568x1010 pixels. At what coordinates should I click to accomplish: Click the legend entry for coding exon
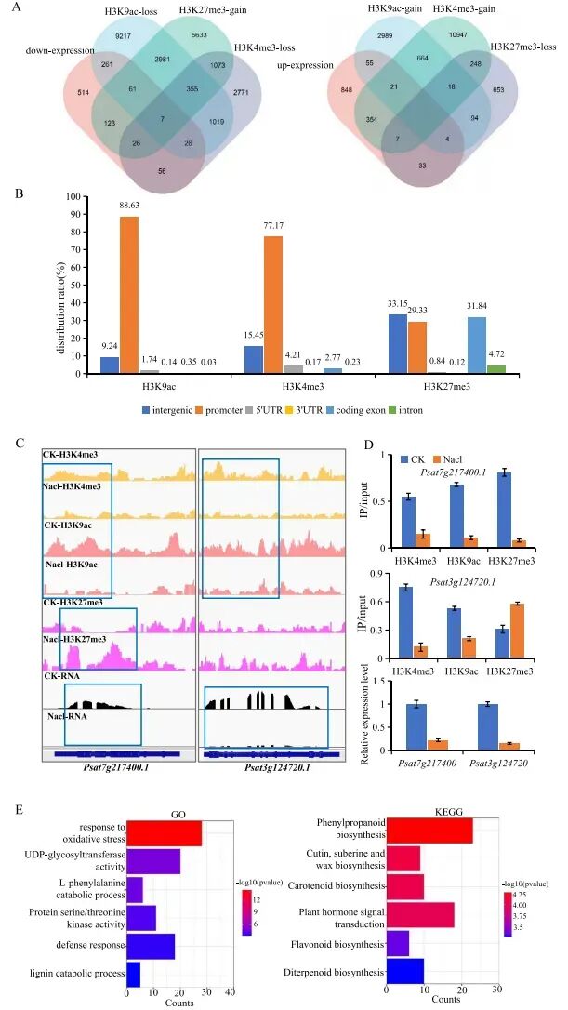point(415,409)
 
